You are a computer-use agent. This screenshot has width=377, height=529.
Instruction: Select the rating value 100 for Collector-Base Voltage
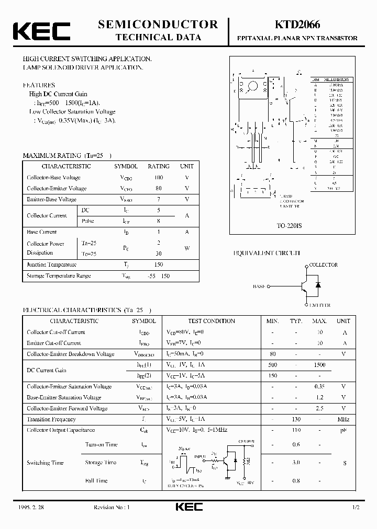[158, 178]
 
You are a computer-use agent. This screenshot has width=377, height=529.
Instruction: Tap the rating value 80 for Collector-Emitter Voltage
[158, 188]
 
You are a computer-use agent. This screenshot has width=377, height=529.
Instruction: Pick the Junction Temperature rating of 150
[158, 264]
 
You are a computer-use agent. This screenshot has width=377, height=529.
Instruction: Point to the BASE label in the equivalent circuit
[259, 286]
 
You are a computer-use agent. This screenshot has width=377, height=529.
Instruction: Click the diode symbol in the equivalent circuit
[318, 285]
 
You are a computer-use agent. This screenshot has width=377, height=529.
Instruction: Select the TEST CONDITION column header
[211, 321]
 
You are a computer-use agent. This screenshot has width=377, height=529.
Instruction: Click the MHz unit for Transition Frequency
[343, 419]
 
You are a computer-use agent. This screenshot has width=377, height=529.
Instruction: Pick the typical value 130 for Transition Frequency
[296, 419]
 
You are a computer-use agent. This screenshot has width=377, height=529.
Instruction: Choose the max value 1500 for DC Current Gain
[319, 365]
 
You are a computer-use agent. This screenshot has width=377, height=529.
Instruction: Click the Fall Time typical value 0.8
[296, 480]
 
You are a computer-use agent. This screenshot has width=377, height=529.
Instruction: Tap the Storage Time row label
[101, 463]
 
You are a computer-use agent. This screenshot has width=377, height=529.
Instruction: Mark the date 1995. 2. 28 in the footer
[27, 508]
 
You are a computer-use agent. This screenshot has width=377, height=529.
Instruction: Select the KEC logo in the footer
[188, 507]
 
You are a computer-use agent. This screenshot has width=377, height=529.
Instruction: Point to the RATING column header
[158, 166]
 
